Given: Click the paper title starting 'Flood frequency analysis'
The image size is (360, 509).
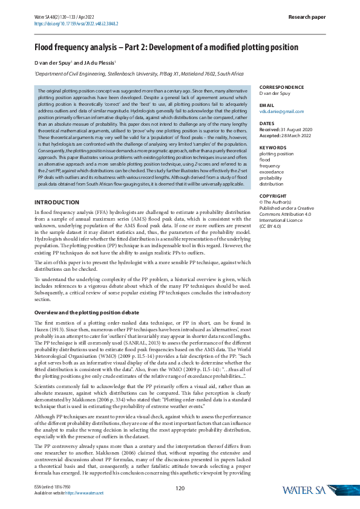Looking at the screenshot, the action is (166, 47).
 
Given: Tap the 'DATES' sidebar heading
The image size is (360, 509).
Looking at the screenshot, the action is (267, 123).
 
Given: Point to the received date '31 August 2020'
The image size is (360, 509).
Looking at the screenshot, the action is (297, 129).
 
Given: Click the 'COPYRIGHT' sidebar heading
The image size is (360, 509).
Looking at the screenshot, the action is (273, 196).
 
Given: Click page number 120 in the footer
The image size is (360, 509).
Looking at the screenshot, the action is (180, 488).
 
